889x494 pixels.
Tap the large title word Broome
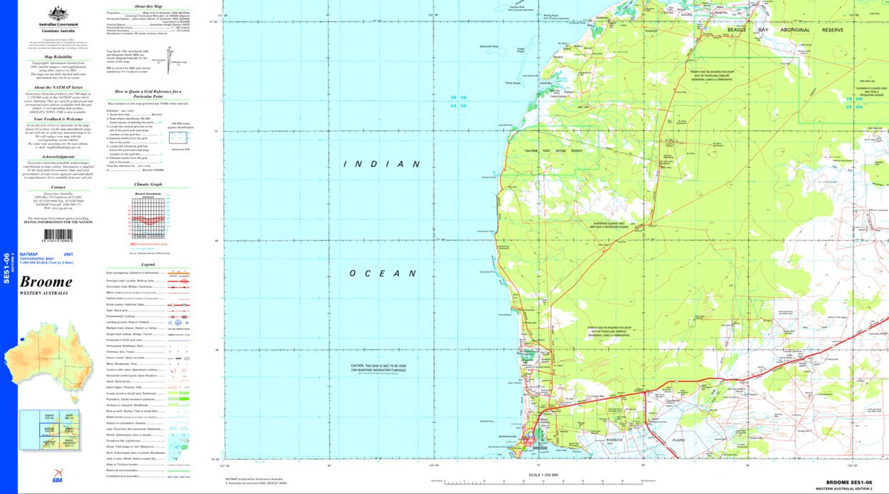click(46, 282)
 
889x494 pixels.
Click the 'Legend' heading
click(148, 264)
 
